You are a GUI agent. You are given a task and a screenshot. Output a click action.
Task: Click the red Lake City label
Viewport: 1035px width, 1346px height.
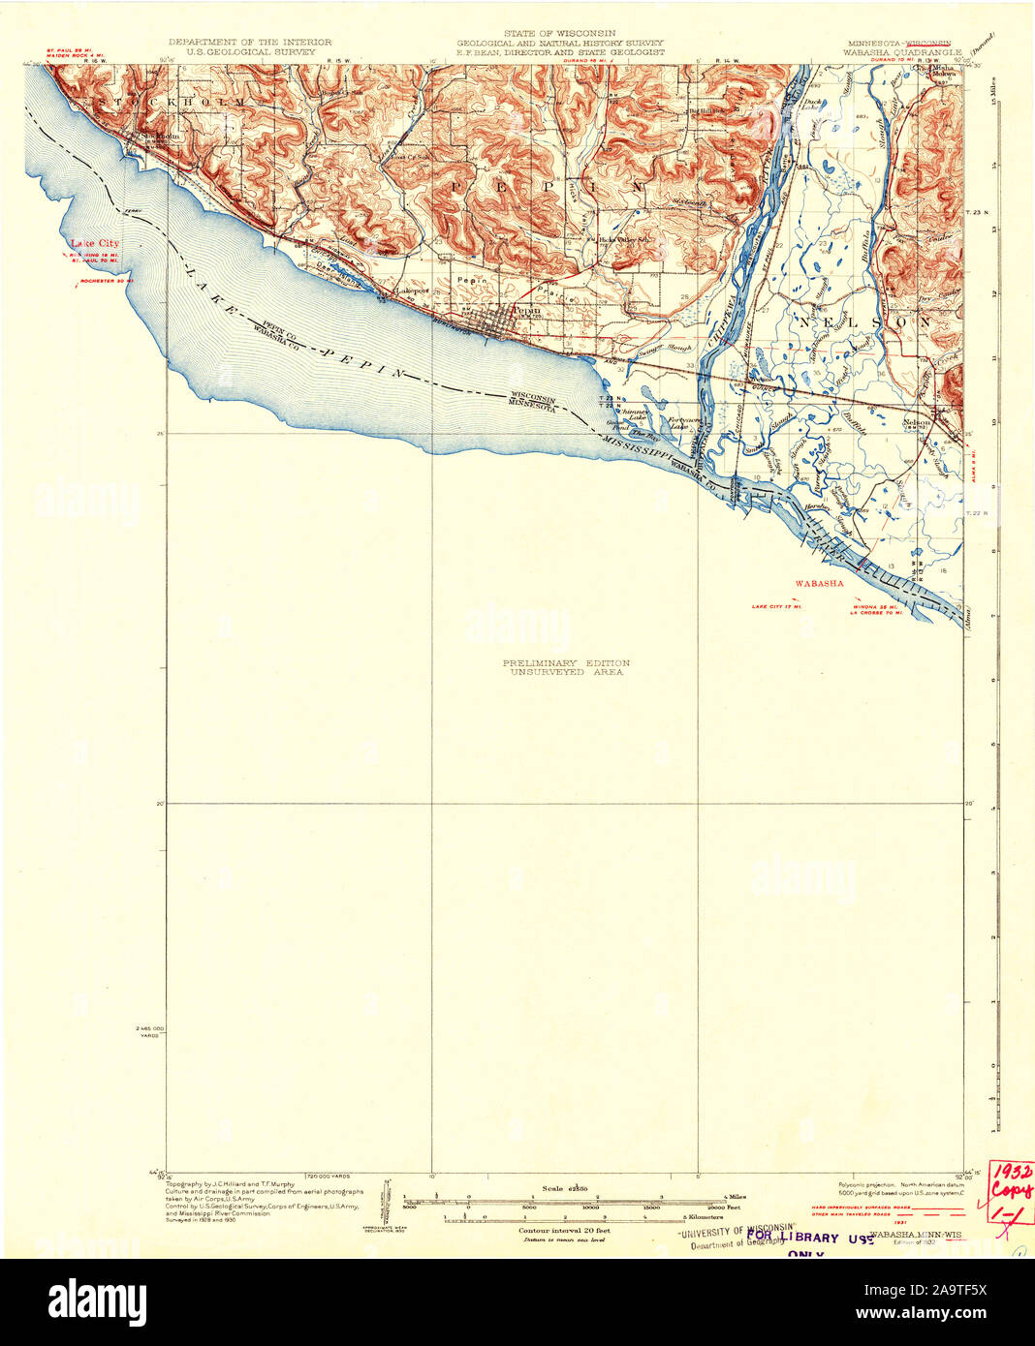pyautogui.click(x=94, y=243)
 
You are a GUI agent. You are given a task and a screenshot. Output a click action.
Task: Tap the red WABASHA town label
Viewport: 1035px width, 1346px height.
pyautogui.click(x=819, y=584)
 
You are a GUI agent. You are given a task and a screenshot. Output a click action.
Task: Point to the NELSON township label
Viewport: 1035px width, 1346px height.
pyautogui.click(x=853, y=321)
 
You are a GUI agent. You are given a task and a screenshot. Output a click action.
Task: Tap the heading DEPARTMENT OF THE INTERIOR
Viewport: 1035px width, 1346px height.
pyautogui.click(x=250, y=43)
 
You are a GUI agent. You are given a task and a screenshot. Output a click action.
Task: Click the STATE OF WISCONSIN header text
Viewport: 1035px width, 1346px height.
pyautogui.click(x=560, y=34)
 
